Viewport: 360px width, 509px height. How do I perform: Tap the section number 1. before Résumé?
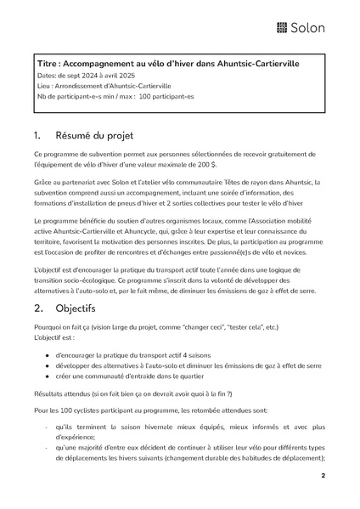38,135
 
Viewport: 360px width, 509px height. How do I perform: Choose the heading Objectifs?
76,308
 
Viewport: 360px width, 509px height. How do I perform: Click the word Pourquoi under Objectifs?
48,326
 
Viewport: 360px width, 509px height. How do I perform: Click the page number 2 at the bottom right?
323,476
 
